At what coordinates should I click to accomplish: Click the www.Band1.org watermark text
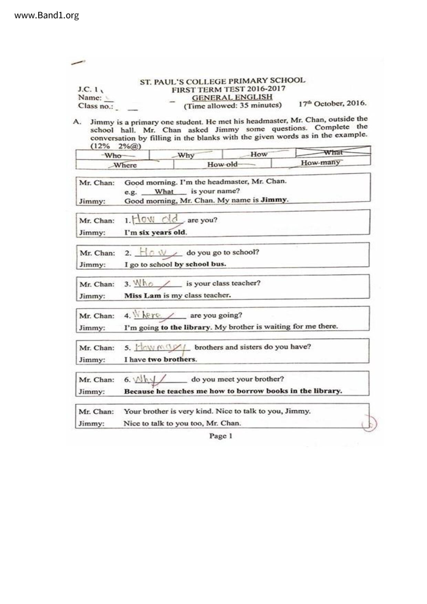(x=46, y=15)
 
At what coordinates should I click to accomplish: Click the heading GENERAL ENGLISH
(x=232, y=97)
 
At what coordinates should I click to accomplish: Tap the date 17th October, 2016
(x=332, y=103)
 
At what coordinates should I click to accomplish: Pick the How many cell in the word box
(x=320, y=163)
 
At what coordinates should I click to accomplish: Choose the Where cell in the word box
(x=125, y=165)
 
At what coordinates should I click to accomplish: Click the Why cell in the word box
(x=186, y=155)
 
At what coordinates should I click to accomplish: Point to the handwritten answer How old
(x=156, y=219)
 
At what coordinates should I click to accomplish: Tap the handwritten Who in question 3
(x=143, y=283)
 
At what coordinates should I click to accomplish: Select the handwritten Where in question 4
(x=147, y=315)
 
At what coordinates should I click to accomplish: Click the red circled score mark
(x=369, y=424)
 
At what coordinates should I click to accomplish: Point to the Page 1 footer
(x=221, y=436)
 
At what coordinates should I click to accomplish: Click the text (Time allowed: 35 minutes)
(x=232, y=106)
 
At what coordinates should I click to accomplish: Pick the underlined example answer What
(x=164, y=191)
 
